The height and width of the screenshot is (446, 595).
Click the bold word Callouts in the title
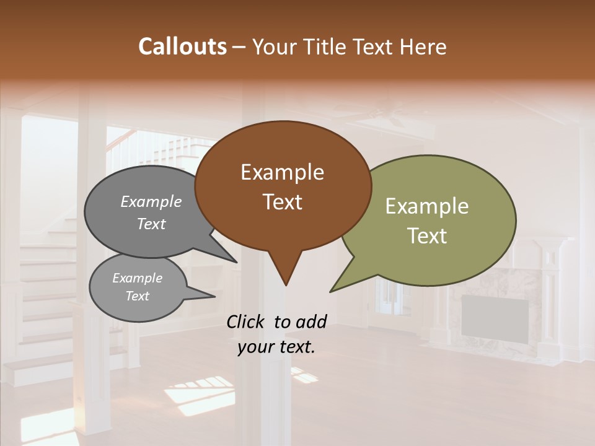182,46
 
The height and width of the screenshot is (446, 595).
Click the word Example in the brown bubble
282,172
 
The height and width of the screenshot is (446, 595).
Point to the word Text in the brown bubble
282,201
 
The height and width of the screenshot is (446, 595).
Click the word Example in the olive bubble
426,206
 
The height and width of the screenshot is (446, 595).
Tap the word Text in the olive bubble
426,235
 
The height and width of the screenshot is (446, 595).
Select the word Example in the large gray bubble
151,201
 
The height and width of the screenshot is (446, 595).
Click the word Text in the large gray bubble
151,224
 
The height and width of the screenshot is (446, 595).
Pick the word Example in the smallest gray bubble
137,278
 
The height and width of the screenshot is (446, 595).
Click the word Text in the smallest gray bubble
137,296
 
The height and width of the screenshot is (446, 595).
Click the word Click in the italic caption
246,321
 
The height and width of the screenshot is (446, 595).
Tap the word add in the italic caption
311,321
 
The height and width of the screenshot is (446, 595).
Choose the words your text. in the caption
276,347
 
